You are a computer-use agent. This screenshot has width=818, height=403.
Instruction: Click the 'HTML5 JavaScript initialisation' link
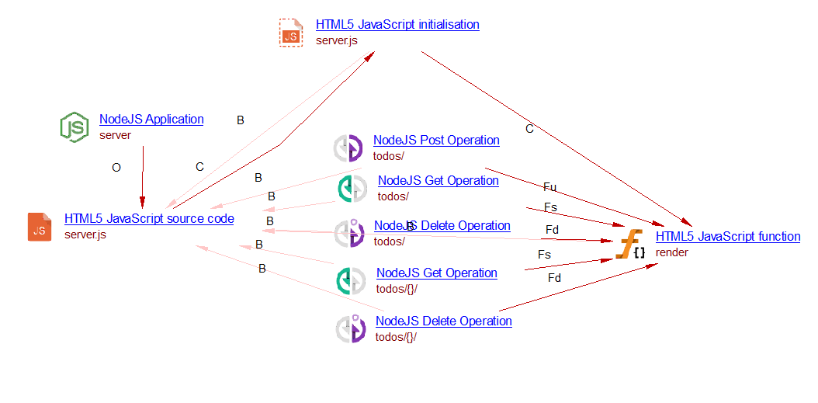[x=397, y=24]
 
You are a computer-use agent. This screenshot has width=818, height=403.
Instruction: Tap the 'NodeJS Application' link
[x=151, y=120]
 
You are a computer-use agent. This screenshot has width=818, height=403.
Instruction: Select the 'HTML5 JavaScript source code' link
[x=149, y=218]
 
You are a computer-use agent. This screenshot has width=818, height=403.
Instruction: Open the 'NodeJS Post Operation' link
[x=436, y=140]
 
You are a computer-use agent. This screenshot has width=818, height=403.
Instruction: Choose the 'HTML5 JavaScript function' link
[x=727, y=236]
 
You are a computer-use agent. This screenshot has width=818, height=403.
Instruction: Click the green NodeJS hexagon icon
[x=75, y=127]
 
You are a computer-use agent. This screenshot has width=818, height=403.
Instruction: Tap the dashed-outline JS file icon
[x=291, y=33]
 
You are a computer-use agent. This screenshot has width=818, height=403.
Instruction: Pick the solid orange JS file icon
[x=40, y=226]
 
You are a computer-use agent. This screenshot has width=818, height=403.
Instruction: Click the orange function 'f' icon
[x=629, y=244]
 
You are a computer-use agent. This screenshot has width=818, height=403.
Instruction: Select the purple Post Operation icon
[x=348, y=147]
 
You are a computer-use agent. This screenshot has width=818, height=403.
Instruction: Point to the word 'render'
[x=671, y=252]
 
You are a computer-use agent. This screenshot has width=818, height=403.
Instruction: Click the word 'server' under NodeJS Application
[x=115, y=135]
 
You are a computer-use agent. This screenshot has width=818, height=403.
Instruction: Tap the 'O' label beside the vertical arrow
[x=116, y=167]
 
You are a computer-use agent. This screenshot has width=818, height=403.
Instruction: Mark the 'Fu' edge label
[x=549, y=187]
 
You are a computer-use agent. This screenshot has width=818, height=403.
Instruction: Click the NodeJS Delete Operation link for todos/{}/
[x=443, y=321]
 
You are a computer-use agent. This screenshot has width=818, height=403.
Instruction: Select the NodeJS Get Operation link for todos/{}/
[x=436, y=273]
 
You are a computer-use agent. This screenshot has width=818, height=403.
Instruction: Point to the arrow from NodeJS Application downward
[x=143, y=171]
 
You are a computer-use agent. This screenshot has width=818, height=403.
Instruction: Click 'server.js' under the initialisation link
[x=336, y=40]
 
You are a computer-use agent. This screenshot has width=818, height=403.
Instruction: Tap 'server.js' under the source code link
[x=85, y=235]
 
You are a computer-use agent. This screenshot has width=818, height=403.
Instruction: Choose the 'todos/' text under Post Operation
[x=388, y=156]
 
